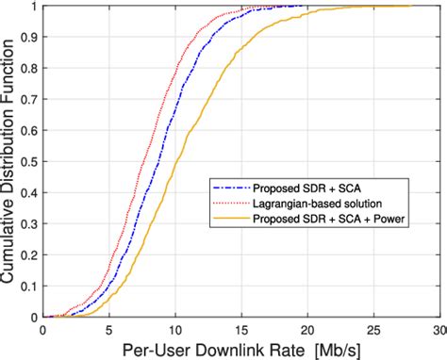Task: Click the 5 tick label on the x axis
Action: [109, 331]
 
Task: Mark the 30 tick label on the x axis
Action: [438, 331]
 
